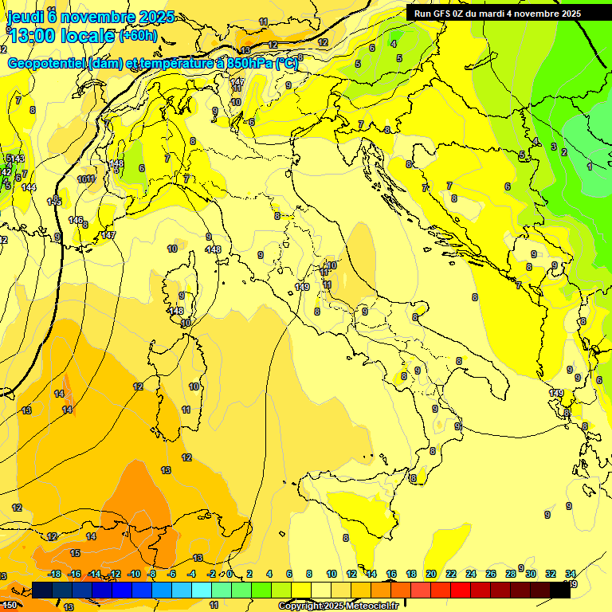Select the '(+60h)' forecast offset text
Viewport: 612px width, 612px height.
pyautogui.click(x=138, y=36)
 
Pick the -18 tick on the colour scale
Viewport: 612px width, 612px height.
pyautogui.click(x=55, y=574)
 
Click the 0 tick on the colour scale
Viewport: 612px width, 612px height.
pyautogui.click(x=229, y=574)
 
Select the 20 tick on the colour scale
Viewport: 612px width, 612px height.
pyautogui.click(x=431, y=574)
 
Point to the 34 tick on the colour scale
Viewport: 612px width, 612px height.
pyautogui.click(x=571, y=574)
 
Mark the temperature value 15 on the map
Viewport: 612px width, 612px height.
pyautogui.click(x=75, y=552)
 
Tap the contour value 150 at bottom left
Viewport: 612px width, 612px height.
pyautogui.click(x=9, y=606)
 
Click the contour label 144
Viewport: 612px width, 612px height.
pyautogui.click(x=29, y=187)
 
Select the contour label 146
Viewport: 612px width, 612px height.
pyautogui.click(x=76, y=220)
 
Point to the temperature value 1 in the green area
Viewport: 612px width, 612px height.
pyautogui.click(x=590, y=167)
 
